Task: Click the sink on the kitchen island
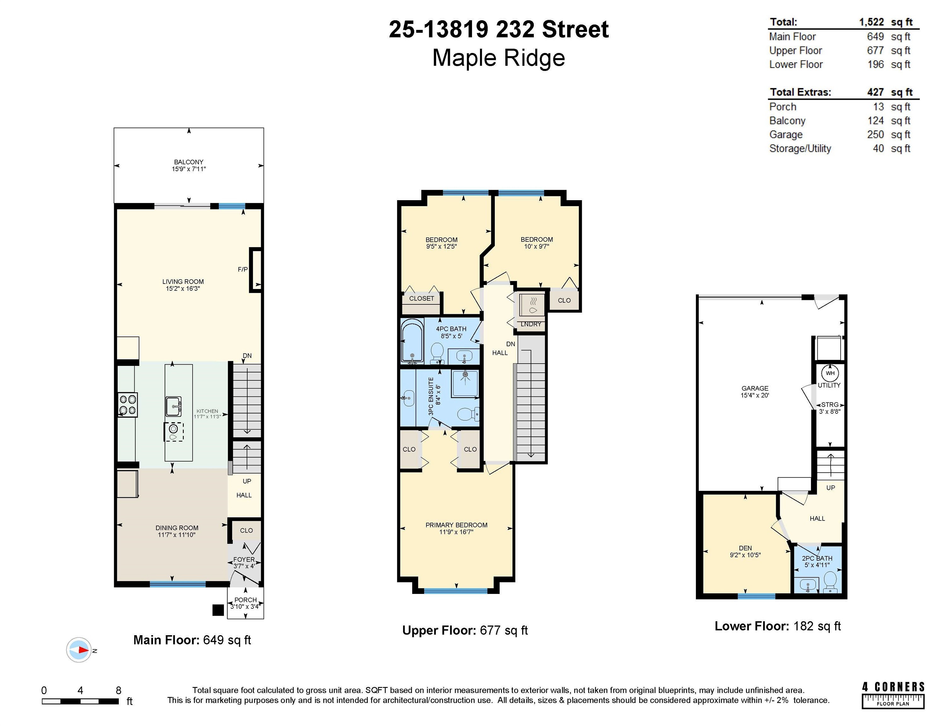pyautogui.click(x=173, y=406)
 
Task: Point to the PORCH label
pyautogui.click(x=245, y=600)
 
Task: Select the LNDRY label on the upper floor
pyautogui.click(x=531, y=324)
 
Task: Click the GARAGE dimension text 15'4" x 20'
pyautogui.click(x=755, y=395)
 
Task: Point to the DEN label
pyautogui.click(x=745, y=548)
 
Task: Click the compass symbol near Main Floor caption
pyautogui.click(x=79, y=650)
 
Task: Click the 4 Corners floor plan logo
pyautogui.click(x=893, y=694)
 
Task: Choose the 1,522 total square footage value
pyautogui.click(x=871, y=22)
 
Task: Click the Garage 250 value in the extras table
pyautogui.click(x=875, y=135)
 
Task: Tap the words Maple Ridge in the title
pyautogui.click(x=499, y=58)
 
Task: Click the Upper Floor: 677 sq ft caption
pyautogui.click(x=465, y=631)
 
